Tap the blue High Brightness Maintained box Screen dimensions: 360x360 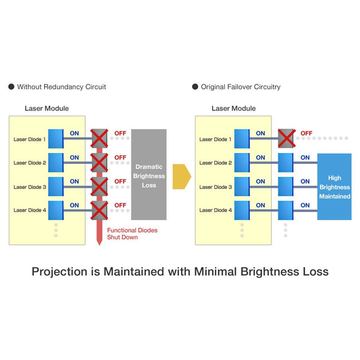(x=334, y=187)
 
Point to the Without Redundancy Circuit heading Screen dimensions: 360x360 (x=61, y=87)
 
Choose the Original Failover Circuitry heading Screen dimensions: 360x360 (x=240, y=87)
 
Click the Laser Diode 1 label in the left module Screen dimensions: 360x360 (x=29, y=139)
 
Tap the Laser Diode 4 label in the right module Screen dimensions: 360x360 (x=216, y=210)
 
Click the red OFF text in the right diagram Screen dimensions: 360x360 (x=306, y=133)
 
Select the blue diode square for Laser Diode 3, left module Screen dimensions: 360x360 (x=55, y=187)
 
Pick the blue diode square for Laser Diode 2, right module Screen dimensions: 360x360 (x=242, y=163)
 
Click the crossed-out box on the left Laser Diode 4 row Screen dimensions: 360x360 (x=98, y=210)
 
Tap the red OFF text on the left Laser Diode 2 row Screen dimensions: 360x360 (x=120, y=157)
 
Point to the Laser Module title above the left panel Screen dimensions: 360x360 (x=46, y=109)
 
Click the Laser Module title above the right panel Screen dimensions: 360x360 (x=233, y=109)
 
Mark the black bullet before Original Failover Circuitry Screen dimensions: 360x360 (x=195, y=87)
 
